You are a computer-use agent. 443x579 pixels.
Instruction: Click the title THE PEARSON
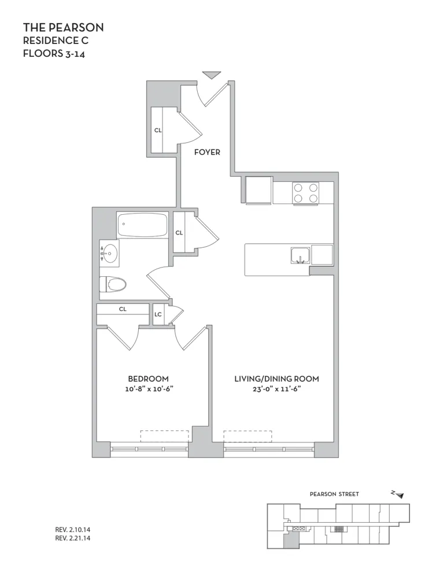pos(63,28)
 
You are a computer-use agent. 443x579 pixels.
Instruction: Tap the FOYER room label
pos(206,152)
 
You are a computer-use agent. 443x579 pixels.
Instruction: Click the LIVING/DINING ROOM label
pos(276,379)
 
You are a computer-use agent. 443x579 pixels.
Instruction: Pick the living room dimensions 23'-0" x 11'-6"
pos(276,389)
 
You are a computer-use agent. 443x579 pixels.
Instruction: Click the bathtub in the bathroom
pos(142,225)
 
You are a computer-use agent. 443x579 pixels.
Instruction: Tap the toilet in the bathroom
pos(113,284)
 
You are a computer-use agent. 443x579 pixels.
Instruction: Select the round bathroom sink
pos(110,253)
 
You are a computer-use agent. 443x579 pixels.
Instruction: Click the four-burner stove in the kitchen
pos(305,193)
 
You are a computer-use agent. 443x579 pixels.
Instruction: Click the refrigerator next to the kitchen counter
pos(258,189)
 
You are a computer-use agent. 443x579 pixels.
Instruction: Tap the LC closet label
pos(158,315)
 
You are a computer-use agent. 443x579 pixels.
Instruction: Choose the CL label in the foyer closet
pos(157,130)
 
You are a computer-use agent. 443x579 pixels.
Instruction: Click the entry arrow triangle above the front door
pos(212,74)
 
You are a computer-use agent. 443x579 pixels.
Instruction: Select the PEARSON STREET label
pos(334,494)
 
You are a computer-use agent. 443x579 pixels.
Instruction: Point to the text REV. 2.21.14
pos(73,538)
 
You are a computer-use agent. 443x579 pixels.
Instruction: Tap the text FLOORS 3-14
pos(56,53)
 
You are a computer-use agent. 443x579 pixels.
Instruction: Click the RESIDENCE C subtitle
pos(56,41)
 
